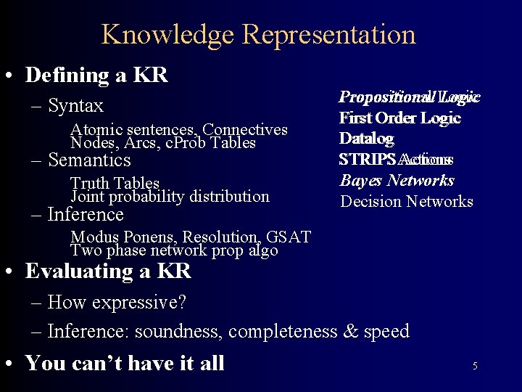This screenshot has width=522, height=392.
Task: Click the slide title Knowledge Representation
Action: (259, 34)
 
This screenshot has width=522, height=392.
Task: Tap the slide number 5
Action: (475, 366)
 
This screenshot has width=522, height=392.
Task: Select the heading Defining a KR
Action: (96, 75)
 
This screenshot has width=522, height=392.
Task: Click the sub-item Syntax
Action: (76, 106)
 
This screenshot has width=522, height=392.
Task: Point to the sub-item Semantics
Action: (89, 160)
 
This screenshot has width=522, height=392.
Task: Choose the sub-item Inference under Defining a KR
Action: (86, 214)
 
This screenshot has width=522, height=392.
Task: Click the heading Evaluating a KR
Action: (108, 271)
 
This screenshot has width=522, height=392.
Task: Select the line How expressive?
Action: (117, 302)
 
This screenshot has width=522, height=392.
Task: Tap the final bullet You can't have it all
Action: (125, 362)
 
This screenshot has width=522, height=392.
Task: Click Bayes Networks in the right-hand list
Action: (397, 180)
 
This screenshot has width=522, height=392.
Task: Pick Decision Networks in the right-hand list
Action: (406, 201)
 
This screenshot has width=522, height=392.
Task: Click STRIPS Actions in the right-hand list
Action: (396, 159)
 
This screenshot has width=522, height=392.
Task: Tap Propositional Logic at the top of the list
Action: (409, 97)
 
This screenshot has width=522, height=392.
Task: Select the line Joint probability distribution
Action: (170, 196)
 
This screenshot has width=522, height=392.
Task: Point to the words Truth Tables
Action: (115, 183)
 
